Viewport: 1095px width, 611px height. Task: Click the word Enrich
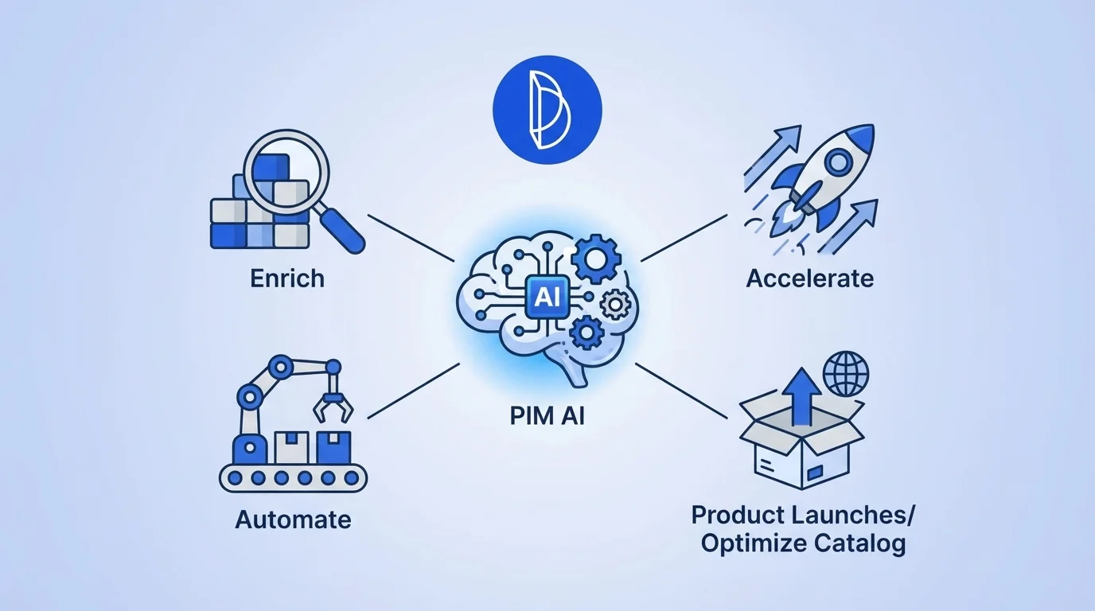click(287, 278)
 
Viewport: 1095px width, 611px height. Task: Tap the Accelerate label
click(809, 278)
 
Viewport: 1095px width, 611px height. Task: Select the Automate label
click(293, 520)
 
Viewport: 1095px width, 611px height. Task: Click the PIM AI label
click(547, 415)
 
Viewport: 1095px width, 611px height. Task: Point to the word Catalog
click(860, 544)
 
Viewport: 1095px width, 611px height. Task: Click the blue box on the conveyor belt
click(333, 448)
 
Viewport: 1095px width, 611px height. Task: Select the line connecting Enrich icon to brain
click(409, 237)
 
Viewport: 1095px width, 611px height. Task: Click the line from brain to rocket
click(684, 237)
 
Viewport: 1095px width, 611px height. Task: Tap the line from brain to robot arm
click(413, 391)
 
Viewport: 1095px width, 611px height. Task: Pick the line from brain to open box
click(682, 391)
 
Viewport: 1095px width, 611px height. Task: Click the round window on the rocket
click(836, 163)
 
